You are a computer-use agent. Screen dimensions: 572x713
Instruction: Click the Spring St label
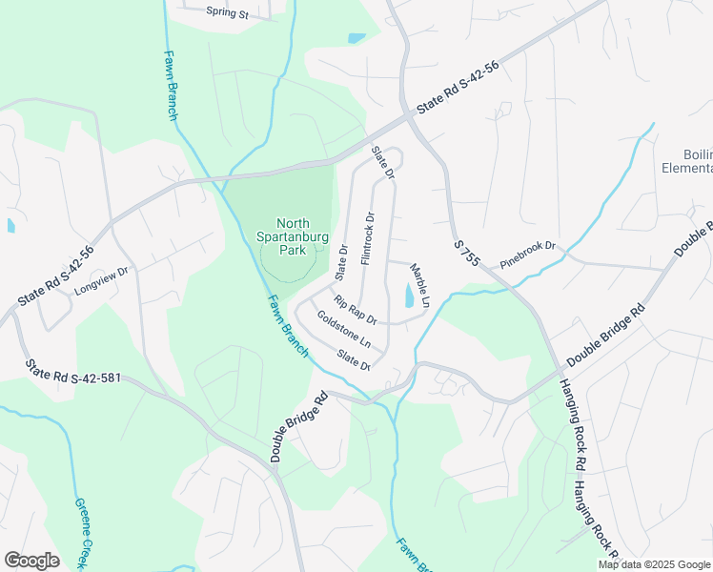227,14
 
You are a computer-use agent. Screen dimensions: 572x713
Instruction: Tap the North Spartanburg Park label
286,235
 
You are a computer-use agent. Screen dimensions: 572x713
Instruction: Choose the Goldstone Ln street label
343,327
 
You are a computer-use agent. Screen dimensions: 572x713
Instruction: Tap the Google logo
31,561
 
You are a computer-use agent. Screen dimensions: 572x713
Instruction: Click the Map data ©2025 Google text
654,564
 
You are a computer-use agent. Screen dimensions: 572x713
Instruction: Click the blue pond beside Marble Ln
409,296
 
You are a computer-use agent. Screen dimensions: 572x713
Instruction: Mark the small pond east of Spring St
356,39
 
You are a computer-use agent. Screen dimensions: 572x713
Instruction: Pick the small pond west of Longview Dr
11,226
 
